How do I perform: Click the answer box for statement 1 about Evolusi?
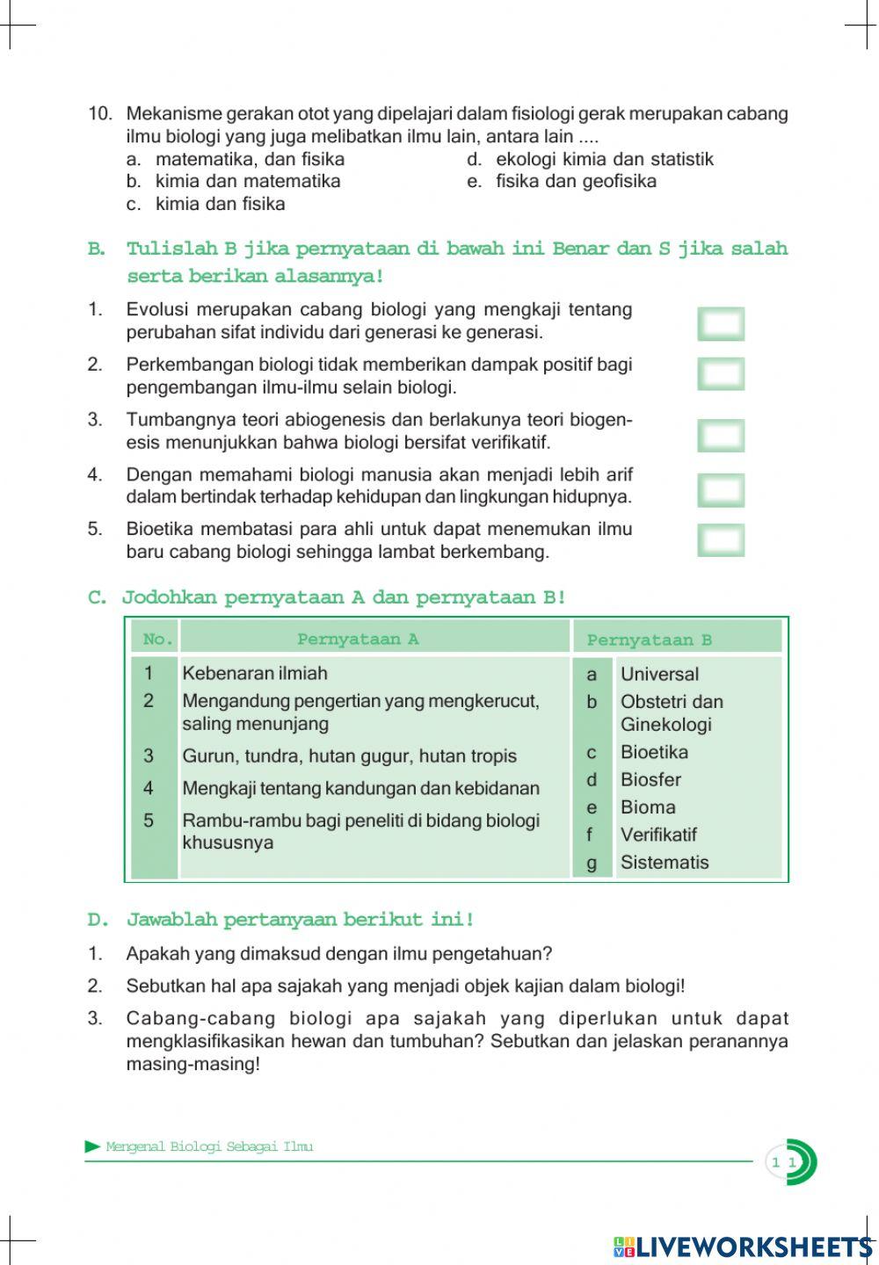click(721, 323)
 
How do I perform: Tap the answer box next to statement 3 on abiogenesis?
click(721, 436)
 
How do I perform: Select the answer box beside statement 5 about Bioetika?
click(721, 540)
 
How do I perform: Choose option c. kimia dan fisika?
click(220, 204)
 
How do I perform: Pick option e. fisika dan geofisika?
click(575, 181)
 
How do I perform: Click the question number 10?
click(100, 113)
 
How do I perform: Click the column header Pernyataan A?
click(358, 639)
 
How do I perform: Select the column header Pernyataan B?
click(649, 640)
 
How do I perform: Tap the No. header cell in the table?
click(157, 639)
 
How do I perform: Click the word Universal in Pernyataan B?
click(659, 674)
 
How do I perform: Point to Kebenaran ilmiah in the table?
click(255, 673)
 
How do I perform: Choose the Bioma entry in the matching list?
click(648, 806)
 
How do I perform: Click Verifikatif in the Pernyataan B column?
click(658, 835)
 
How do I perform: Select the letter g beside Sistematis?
click(592, 863)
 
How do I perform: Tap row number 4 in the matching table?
click(149, 788)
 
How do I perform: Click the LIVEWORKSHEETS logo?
click(744, 1247)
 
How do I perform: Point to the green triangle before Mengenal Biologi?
click(93, 1146)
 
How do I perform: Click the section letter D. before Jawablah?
click(98, 920)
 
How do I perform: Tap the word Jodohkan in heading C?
click(169, 597)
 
